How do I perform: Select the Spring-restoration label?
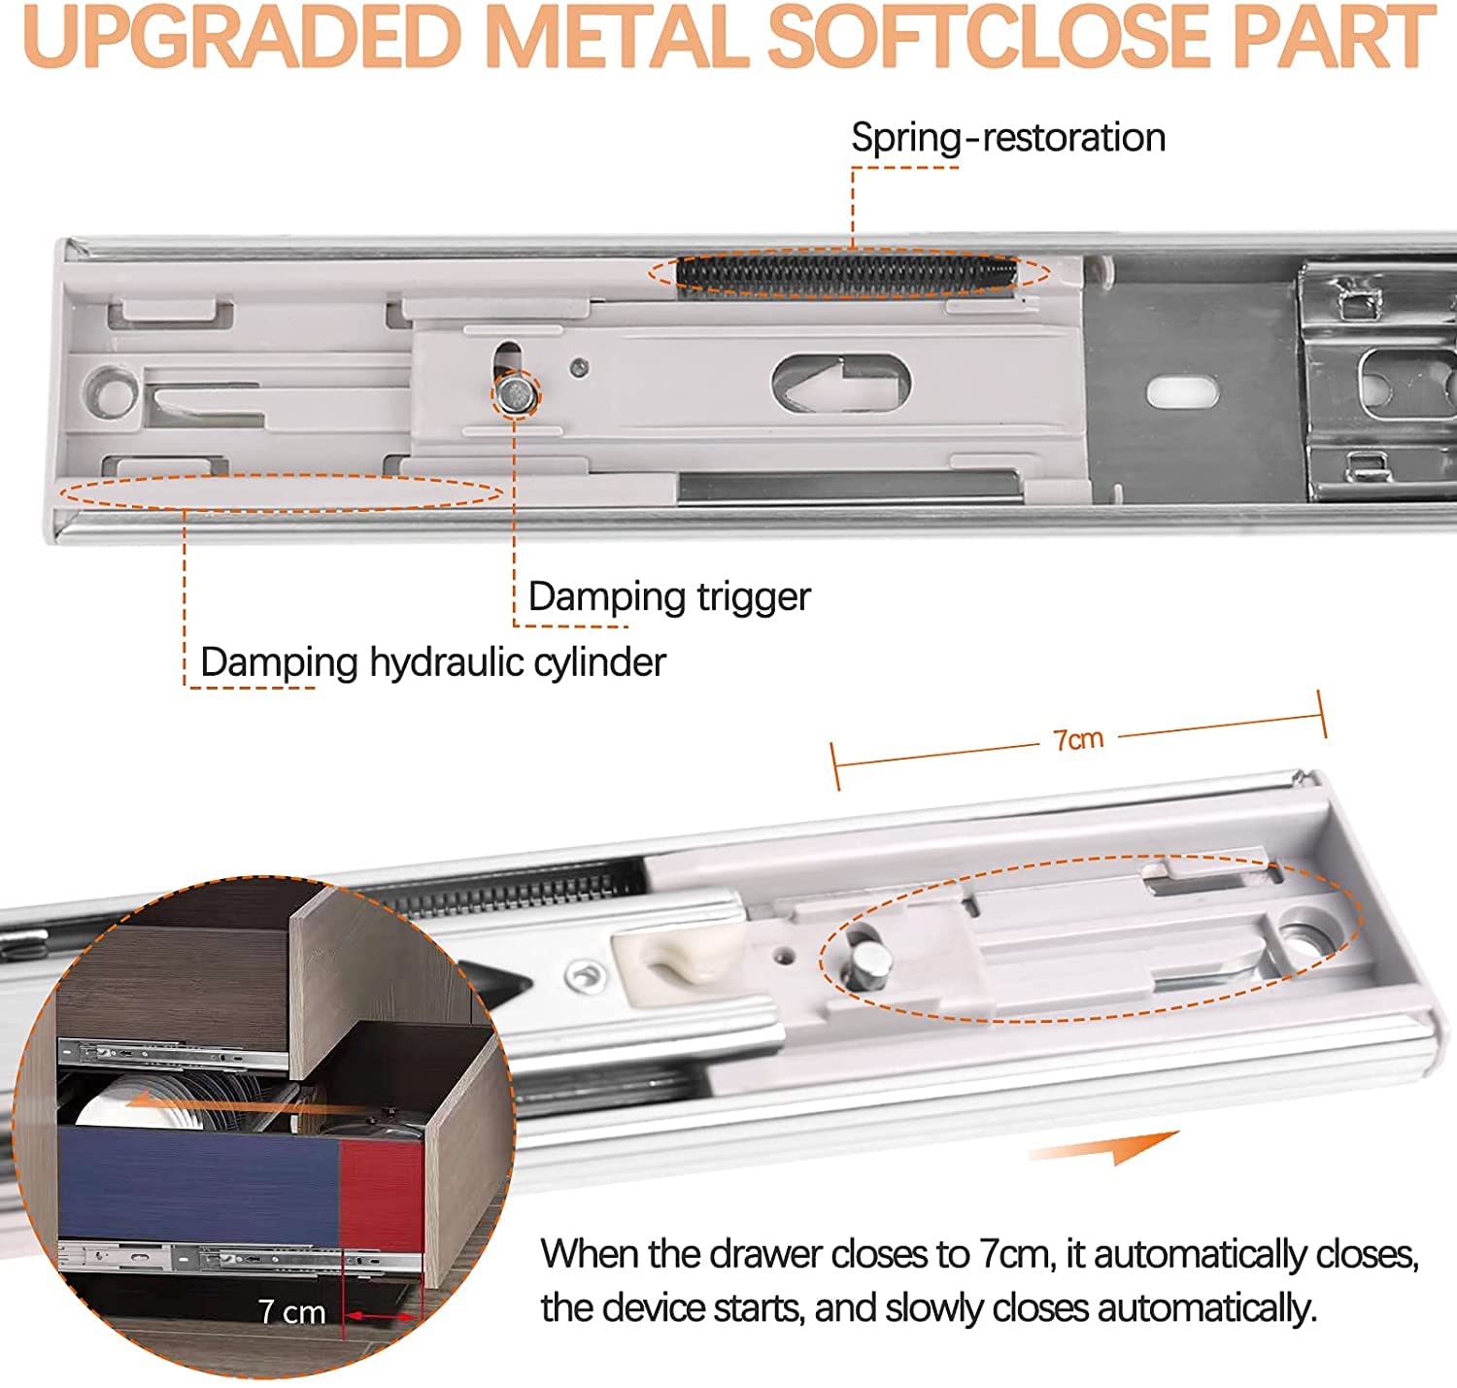[1007, 138]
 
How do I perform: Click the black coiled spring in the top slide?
[845, 273]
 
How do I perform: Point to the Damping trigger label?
[668, 596]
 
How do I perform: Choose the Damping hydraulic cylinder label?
[432, 662]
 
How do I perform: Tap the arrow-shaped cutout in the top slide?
[841, 383]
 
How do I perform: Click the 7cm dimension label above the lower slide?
[1078, 739]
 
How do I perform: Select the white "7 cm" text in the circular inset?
[291, 1312]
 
